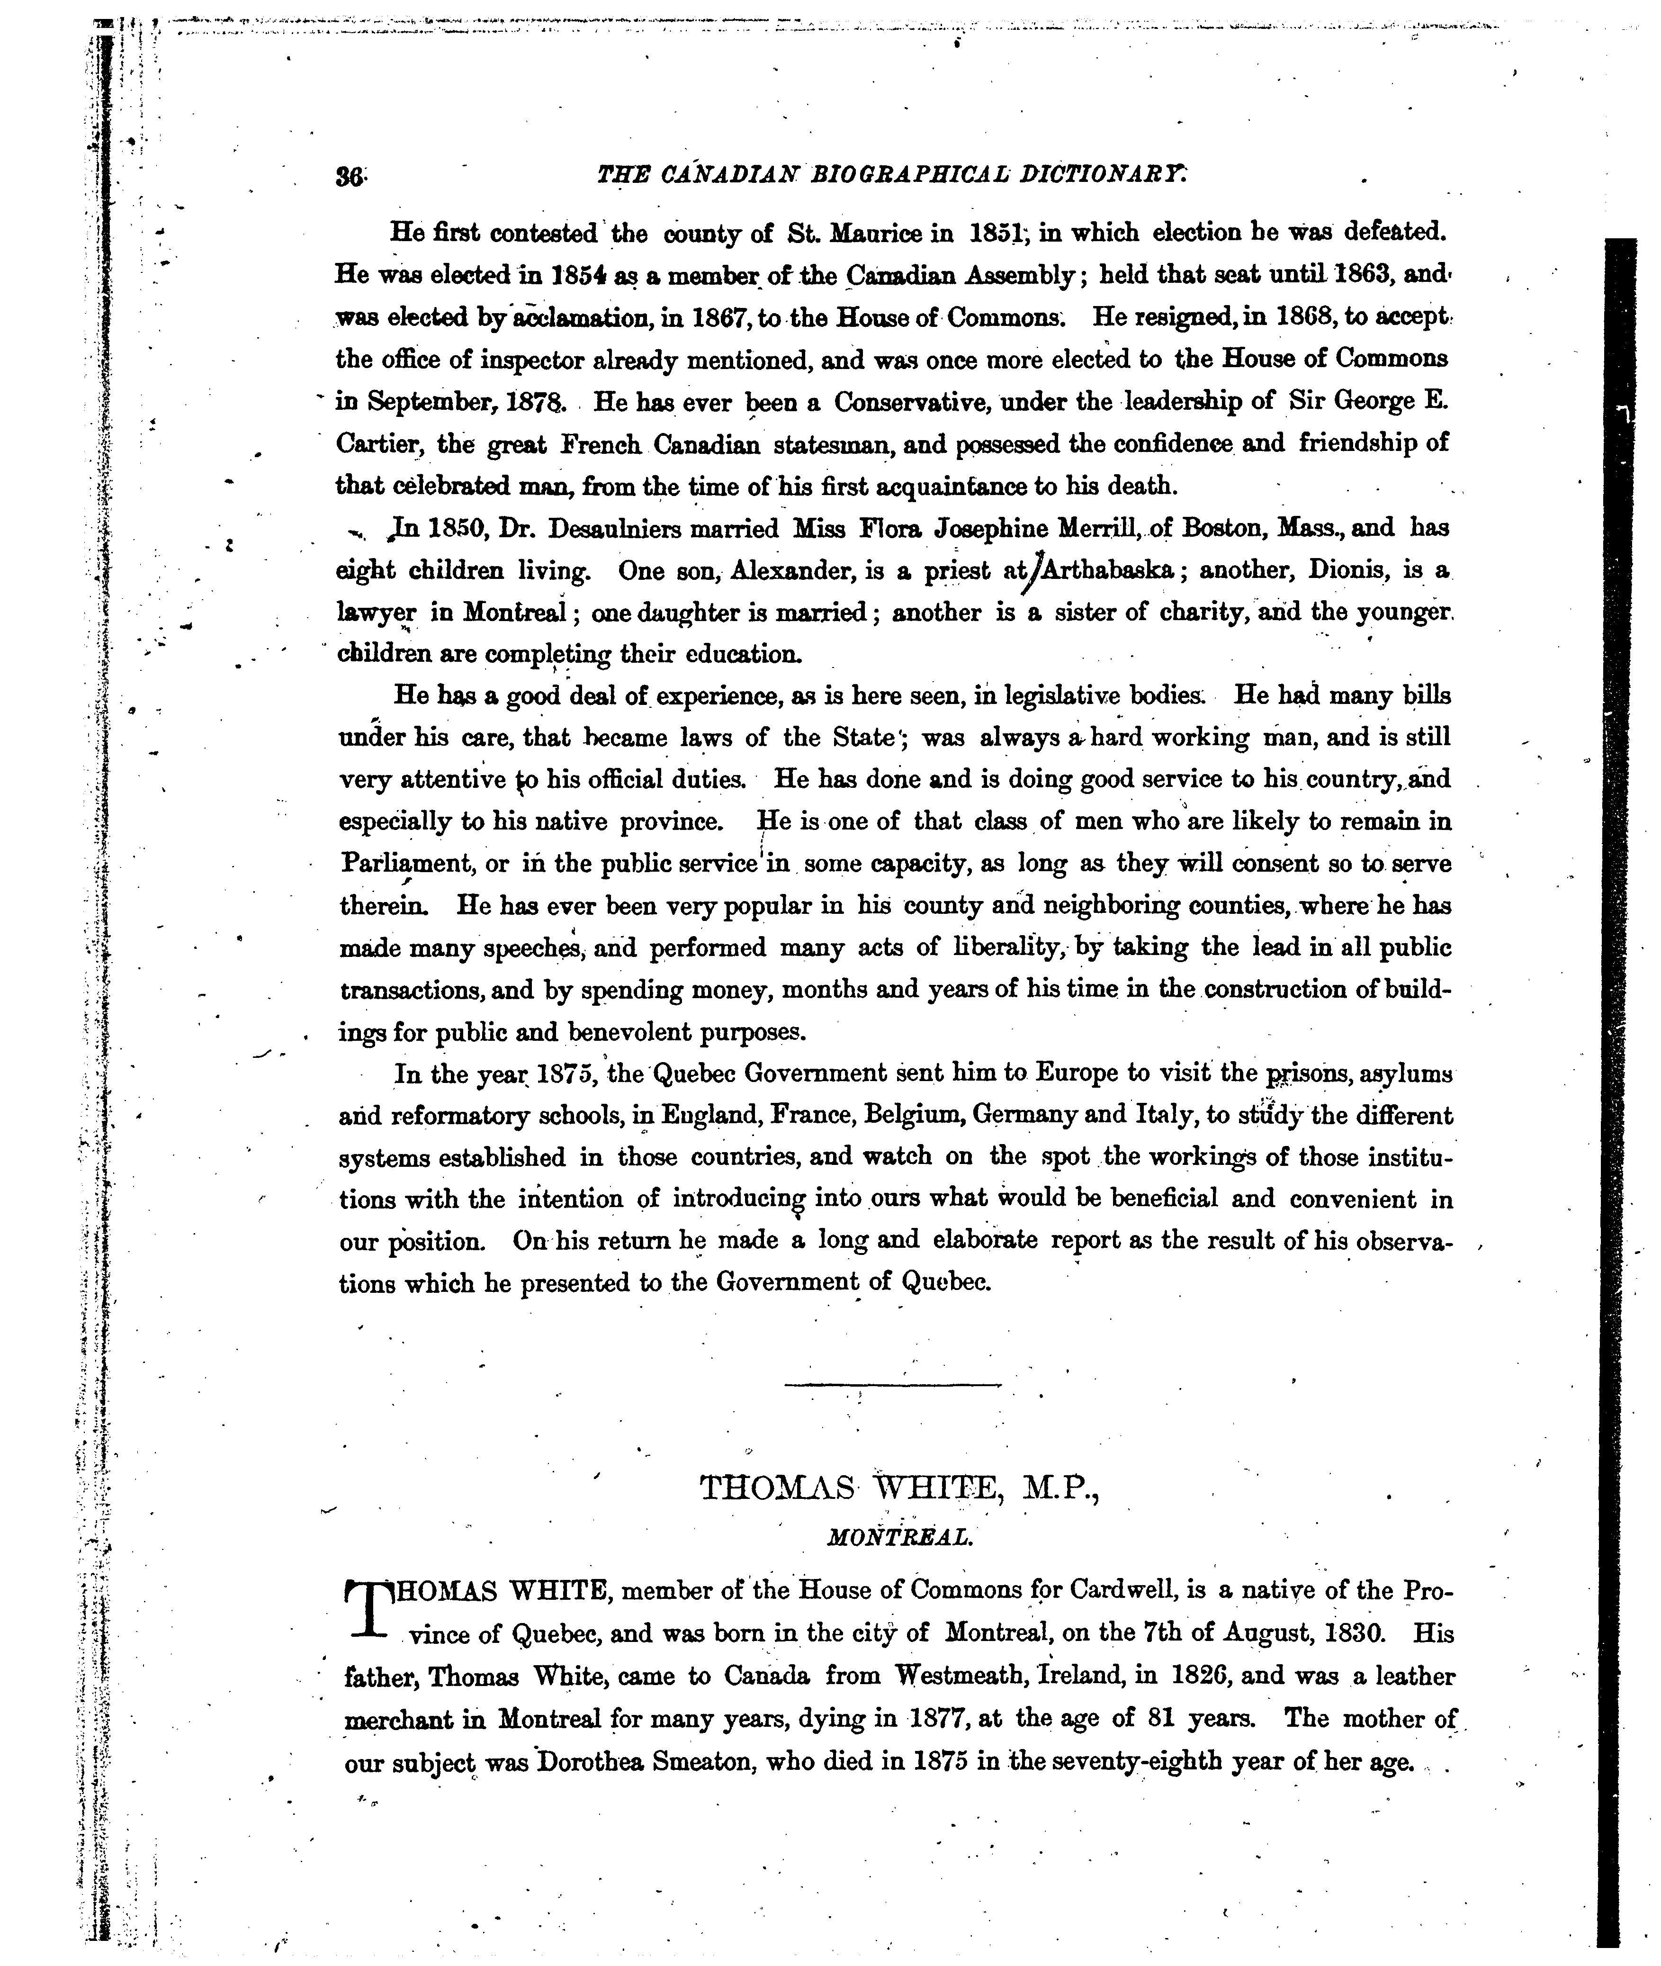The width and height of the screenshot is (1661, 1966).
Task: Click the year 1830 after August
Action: tap(1354, 1633)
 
